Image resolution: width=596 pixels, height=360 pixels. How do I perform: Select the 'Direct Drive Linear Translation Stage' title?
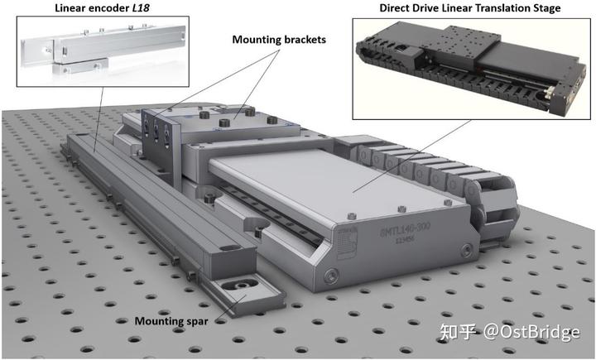[469, 8]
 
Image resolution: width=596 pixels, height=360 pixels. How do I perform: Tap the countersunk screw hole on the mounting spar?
[243, 285]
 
